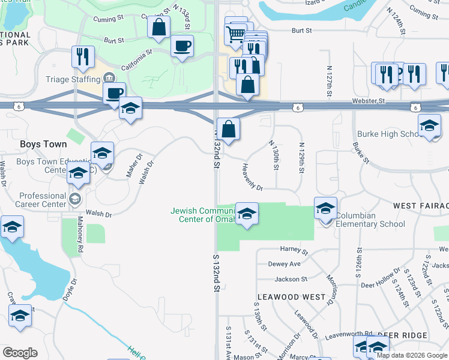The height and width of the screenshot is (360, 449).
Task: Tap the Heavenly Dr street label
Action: (x=253, y=178)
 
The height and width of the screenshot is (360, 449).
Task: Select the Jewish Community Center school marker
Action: (x=247, y=214)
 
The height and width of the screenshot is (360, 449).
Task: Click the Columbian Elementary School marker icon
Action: (x=325, y=209)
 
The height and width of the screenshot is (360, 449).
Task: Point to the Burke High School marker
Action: (x=429, y=125)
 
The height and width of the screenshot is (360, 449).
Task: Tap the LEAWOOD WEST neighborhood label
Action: (x=291, y=297)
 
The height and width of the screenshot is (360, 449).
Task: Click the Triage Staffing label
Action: (x=73, y=79)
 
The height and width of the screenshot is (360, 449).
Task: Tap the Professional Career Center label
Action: (x=42, y=200)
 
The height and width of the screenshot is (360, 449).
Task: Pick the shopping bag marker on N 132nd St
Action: (x=228, y=129)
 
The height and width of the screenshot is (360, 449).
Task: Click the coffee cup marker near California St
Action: (x=182, y=46)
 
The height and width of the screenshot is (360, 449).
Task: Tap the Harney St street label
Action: (x=294, y=249)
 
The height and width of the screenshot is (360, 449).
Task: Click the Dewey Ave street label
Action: (x=284, y=264)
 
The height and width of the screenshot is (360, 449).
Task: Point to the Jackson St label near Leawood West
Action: (x=291, y=279)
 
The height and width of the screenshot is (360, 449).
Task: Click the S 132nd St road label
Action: (x=217, y=272)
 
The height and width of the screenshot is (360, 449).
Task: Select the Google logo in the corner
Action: (x=20, y=353)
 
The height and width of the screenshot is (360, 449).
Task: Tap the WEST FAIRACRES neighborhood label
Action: (x=421, y=206)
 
